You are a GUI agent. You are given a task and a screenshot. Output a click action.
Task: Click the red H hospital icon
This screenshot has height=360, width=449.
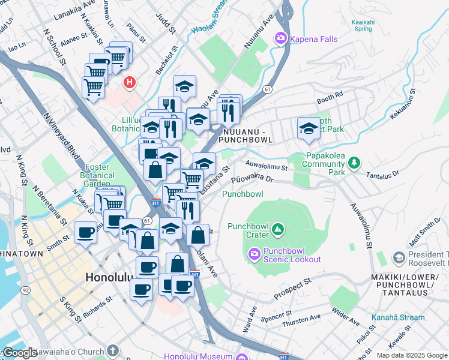click(x=128, y=82)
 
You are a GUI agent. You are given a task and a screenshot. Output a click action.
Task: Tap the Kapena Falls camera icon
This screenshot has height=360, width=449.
click(x=280, y=39)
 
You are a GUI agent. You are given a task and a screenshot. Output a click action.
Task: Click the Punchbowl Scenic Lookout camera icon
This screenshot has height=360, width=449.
click(x=255, y=254)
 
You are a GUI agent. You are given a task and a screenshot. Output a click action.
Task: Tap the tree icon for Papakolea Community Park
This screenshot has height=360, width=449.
click(x=354, y=162)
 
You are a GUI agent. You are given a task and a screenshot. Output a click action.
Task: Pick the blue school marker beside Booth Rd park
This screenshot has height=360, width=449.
click(x=309, y=128)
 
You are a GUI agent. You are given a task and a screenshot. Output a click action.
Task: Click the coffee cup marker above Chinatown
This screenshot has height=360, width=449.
click(x=86, y=232)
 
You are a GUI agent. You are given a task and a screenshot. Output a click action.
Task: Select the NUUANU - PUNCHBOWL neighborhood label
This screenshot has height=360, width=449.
click(x=247, y=135)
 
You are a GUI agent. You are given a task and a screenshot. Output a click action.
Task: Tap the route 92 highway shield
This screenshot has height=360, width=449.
click(x=25, y=290)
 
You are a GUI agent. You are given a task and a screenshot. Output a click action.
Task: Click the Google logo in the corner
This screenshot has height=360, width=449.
click(x=19, y=353)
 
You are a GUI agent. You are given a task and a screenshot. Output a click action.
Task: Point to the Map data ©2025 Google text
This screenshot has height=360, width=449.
click(x=411, y=355)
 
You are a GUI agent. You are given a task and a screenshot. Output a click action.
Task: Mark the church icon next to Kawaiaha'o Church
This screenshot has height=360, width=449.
click(x=113, y=350)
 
